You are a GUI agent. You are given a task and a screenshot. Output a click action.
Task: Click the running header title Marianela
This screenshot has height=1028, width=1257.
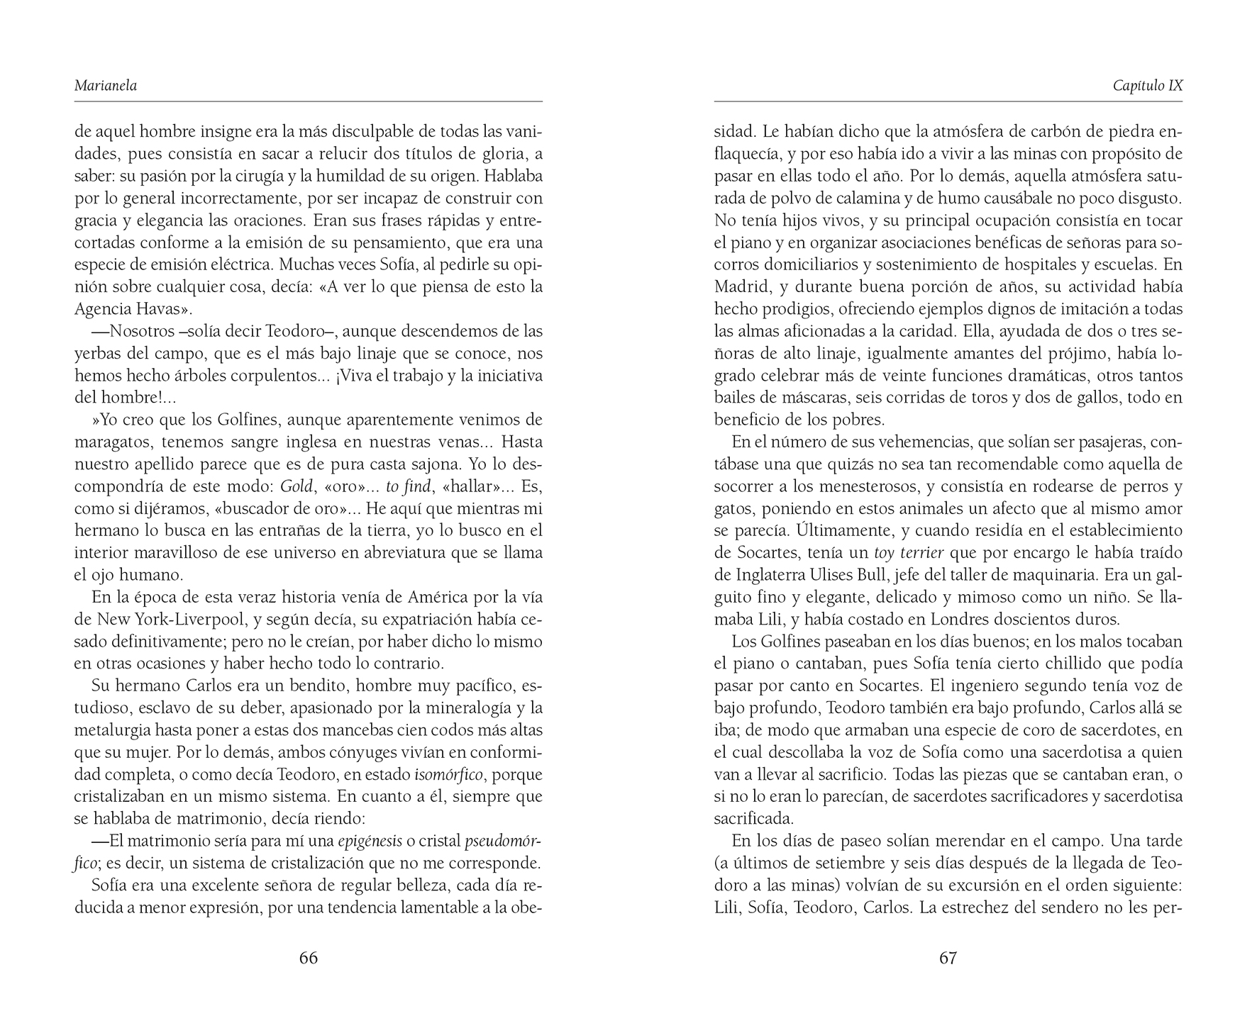106,86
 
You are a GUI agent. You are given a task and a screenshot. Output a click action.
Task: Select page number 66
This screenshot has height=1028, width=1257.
309,959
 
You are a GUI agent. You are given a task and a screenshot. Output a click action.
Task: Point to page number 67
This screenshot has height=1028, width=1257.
948,959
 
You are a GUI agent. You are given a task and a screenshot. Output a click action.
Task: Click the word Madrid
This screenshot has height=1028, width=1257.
741,287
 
